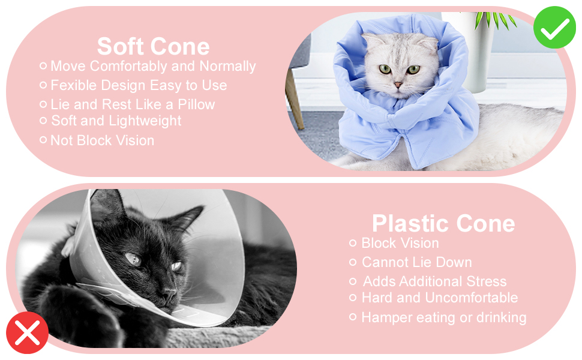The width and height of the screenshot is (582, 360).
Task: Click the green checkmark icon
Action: pos(554,27)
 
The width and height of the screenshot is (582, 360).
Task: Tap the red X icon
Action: pos(27,332)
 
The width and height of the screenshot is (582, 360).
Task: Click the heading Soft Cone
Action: pos(153,46)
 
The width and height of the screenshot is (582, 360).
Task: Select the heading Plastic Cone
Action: pos(443,223)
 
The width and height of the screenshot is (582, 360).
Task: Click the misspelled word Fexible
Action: pos(73,85)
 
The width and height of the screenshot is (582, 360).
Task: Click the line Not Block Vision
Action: pos(102,140)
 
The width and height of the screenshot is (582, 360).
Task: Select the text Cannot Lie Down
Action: pos(416,262)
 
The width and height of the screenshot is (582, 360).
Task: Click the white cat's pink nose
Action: pos(397,86)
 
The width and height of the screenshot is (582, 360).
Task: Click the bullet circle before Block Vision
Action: pos(353,243)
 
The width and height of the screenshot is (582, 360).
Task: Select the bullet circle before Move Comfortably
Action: pos(43,66)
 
